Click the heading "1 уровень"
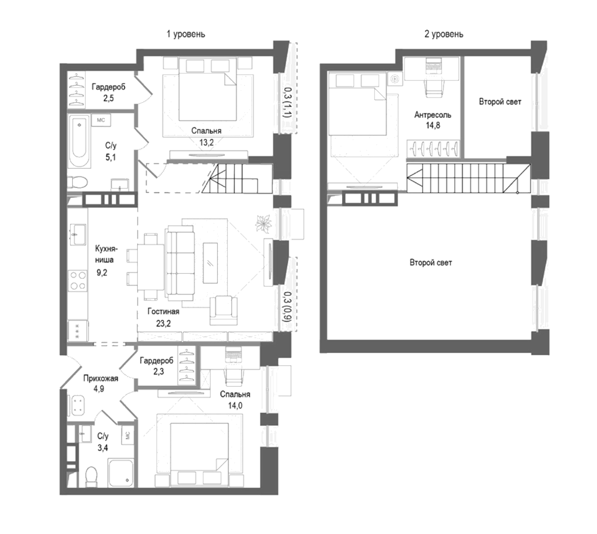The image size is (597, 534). click(x=186, y=34)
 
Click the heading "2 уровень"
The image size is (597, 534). click(x=443, y=34)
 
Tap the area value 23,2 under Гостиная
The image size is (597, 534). click(x=163, y=323)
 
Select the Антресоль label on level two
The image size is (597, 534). click(x=432, y=115)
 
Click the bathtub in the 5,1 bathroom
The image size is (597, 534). click(x=79, y=141)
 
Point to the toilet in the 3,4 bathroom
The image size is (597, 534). click(x=91, y=476)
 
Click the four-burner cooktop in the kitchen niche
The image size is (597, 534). click(x=78, y=280)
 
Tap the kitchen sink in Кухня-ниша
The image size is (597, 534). click(x=78, y=234)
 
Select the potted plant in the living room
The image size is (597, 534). click(x=264, y=223)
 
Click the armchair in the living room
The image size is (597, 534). click(x=224, y=310)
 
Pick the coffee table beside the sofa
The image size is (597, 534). click(x=210, y=263)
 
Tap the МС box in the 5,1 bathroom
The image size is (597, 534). click(x=101, y=120)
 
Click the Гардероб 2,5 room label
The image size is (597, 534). click(x=108, y=87)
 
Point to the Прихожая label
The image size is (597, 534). click(x=100, y=378)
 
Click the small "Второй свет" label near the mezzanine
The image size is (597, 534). click(x=500, y=102)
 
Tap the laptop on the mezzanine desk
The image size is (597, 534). click(x=433, y=66)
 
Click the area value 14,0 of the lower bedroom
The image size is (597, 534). click(x=235, y=406)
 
